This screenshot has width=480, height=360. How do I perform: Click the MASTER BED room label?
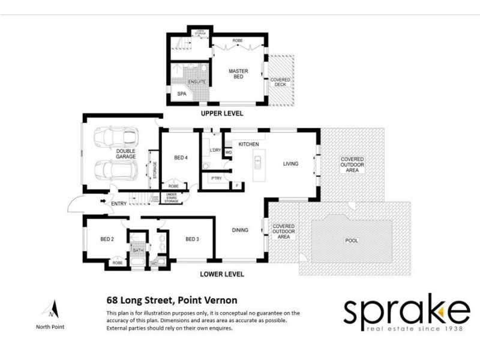(238, 75)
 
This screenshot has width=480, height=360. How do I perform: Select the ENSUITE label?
(197, 82)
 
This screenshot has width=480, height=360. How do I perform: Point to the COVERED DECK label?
(280, 82)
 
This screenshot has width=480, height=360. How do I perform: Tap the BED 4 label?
(181, 158)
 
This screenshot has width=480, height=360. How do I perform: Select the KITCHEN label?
(248, 145)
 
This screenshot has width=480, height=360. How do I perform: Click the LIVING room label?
(291, 163)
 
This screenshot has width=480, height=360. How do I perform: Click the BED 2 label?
(107, 239)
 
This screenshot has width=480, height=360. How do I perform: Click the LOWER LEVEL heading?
(222, 274)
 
